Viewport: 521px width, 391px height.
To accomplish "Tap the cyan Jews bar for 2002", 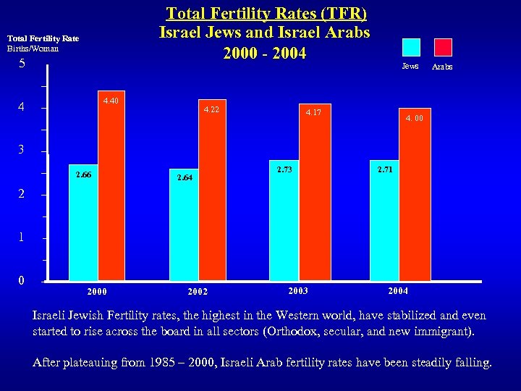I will coord(184,228).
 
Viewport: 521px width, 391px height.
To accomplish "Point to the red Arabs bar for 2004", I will coord(414,199).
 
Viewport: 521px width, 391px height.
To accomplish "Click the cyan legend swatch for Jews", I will coord(410,47).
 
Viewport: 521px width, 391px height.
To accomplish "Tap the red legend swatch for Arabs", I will coord(442,47).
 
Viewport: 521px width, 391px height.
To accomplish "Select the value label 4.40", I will coord(111,101).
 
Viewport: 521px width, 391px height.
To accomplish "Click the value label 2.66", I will coord(84,175).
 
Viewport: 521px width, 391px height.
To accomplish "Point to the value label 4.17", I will coord(314,112).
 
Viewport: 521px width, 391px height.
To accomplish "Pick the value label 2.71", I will coord(385,169).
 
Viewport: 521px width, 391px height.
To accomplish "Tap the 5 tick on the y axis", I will coord(22,64).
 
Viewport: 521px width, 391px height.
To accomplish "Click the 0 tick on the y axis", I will coord(22,280).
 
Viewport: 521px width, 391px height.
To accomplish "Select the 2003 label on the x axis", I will coord(297,290).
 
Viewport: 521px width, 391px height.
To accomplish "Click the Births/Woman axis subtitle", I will coord(33,49).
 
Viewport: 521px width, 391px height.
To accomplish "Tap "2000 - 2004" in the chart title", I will coord(265,54).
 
